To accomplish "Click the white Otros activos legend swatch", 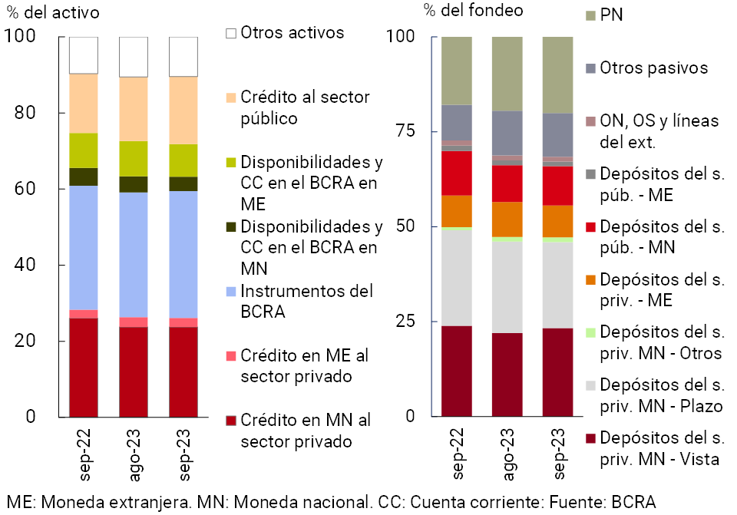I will point(230,33).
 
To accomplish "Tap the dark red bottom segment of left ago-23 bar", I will point(134,371).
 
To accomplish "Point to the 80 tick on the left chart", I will point(25,113).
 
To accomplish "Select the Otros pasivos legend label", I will point(653,68).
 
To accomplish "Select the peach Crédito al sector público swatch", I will point(230,97).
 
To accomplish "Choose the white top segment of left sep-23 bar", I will point(183,56).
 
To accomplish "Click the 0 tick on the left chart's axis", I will point(31,417).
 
